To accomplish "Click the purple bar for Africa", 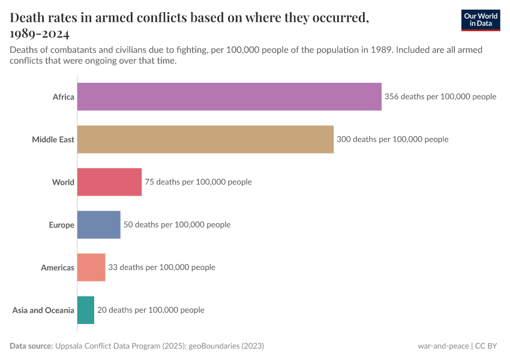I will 229,97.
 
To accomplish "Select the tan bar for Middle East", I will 205,139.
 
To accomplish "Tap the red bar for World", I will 109,182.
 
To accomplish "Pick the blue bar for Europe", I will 98,225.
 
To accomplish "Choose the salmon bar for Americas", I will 91,268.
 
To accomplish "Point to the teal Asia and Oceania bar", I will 86,310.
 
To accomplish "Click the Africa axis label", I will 63,97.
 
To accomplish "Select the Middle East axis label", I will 53,139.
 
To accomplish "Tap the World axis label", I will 63,182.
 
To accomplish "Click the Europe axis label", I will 61,225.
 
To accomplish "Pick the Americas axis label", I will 58,268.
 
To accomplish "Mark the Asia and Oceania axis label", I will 43,310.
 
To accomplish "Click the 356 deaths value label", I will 440,97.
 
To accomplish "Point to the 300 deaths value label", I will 392,139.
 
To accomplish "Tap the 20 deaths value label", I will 151,310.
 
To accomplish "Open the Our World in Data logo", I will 480,20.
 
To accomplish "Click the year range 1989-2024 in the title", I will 40,33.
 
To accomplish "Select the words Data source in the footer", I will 31,346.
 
